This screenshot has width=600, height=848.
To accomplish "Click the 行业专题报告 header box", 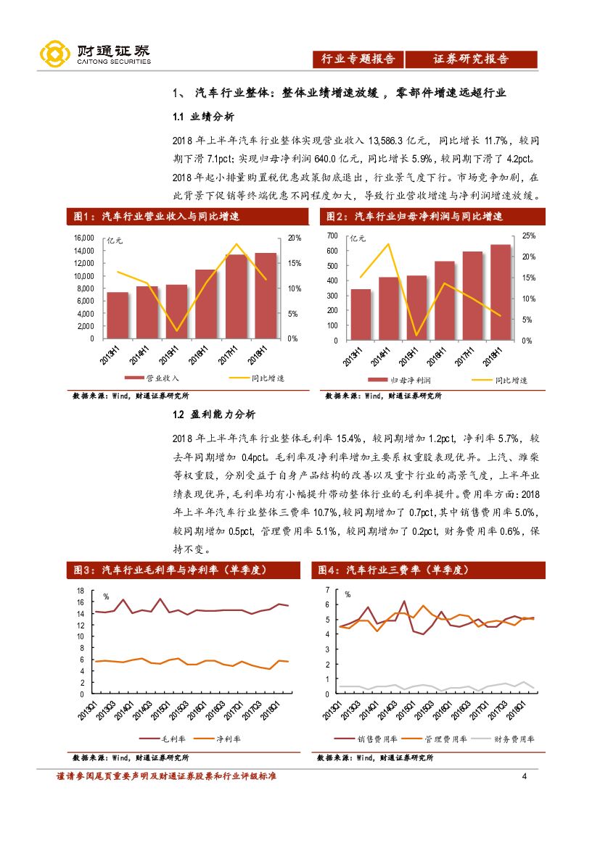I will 358,59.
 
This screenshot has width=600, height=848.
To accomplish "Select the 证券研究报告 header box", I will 471,59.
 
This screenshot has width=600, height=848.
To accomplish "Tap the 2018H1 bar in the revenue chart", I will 265,296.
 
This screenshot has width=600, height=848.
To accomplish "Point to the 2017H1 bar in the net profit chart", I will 472,296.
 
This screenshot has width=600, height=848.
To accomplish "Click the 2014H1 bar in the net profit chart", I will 388,308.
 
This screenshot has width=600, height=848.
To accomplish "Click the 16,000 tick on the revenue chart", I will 84,238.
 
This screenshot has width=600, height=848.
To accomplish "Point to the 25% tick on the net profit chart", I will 528,236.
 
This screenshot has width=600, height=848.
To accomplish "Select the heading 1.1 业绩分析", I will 203,117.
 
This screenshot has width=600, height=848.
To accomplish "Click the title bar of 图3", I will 187,570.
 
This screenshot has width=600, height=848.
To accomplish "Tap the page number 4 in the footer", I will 524,777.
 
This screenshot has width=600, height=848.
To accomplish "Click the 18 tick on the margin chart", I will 81,591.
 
